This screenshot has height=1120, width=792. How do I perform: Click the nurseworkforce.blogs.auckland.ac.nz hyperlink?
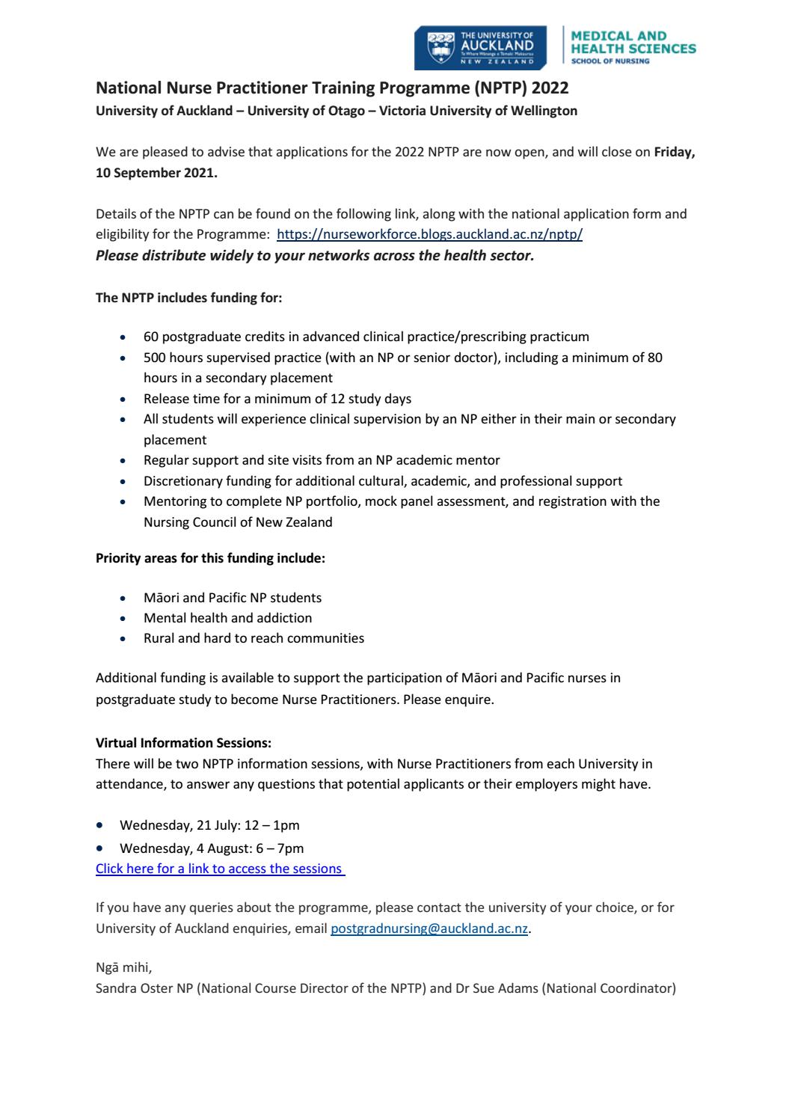point(429,234)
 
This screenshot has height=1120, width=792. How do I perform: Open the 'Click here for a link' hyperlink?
point(220,869)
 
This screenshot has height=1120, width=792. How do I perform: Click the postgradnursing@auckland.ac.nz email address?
point(429,928)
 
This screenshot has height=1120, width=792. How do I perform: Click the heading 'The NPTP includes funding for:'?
point(188,297)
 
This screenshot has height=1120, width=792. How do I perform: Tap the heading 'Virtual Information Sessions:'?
point(183,743)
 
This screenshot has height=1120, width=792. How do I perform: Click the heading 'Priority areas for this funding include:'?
point(210,558)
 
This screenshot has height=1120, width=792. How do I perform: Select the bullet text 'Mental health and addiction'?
point(227,618)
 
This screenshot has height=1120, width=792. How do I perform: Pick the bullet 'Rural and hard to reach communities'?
point(254,638)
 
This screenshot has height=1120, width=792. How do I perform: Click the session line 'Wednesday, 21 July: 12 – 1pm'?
point(209,825)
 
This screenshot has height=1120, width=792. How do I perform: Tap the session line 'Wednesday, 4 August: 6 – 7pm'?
point(212,848)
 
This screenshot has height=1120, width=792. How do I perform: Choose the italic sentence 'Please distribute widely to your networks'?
point(314,254)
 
